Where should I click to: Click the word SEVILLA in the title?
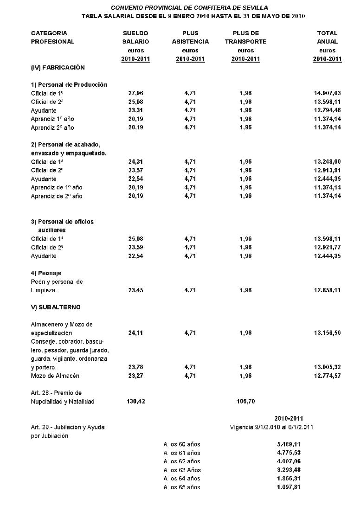tap(255, 8)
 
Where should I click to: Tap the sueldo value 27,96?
tap(135, 93)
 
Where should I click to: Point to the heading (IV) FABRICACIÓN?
tap(58, 68)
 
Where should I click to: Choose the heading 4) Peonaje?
tap(46, 273)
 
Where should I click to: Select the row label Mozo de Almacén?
tap(55, 376)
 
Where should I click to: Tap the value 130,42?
tap(135, 401)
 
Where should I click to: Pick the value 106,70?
tap(245, 401)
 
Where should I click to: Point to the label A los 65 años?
tap(182, 487)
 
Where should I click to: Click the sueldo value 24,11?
tap(135, 333)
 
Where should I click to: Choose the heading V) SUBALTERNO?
tap(56, 307)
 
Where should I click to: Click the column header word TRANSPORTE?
tap(245, 42)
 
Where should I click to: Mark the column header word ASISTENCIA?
tap(190, 42)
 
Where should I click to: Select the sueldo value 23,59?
tap(135, 248)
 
